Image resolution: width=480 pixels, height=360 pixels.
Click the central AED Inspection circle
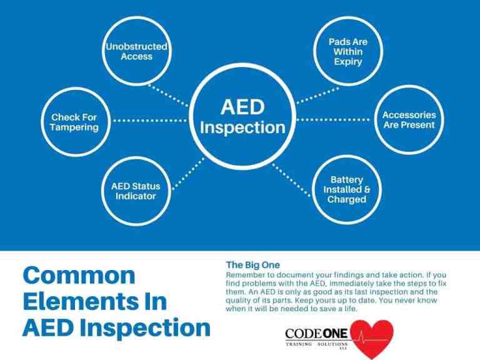pos(242,117)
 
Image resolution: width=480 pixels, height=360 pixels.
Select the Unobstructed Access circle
pos(136,52)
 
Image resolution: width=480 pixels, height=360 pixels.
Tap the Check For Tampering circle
pos(75,122)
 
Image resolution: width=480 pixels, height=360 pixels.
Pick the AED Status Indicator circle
pos(136,191)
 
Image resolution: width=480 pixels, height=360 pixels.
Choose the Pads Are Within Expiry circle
pos(348,52)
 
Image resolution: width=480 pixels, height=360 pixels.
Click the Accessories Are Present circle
pos(409,119)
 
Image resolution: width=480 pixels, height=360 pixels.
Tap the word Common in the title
pos(79,275)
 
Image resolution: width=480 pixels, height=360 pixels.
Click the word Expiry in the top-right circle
pos(348,62)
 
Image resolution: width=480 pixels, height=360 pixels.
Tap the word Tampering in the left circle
pos(75,127)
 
